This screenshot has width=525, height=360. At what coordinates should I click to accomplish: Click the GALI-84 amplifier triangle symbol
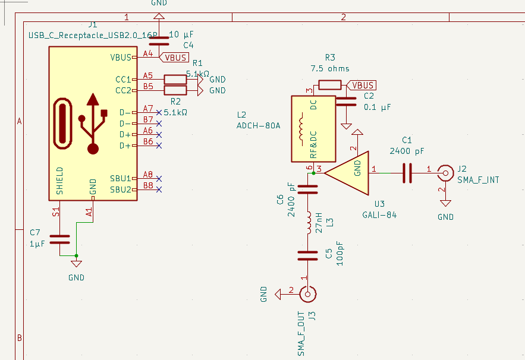coord(350,172)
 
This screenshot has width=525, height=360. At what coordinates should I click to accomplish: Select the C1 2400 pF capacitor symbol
coord(407,172)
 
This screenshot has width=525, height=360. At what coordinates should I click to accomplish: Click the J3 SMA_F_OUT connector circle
coord(308,293)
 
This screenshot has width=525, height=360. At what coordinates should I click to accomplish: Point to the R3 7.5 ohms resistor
coord(329,85)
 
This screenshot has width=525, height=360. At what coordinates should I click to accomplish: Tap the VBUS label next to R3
coord(362,86)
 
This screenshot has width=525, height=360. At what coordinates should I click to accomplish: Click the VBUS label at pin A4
coord(175,58)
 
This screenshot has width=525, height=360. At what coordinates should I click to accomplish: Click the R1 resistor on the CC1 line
coord(175,79)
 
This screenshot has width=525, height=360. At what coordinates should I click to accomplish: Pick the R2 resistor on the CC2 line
coord(175,90)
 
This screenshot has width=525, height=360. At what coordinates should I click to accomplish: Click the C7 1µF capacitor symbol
coord(59,239)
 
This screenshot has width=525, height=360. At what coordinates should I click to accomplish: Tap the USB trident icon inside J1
coord(93,123)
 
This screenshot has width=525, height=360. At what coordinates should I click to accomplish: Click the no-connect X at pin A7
coord(159,112)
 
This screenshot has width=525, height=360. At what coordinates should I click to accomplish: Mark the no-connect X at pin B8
coord(159,190)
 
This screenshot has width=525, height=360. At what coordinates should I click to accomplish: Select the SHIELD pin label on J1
coord(59,181)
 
